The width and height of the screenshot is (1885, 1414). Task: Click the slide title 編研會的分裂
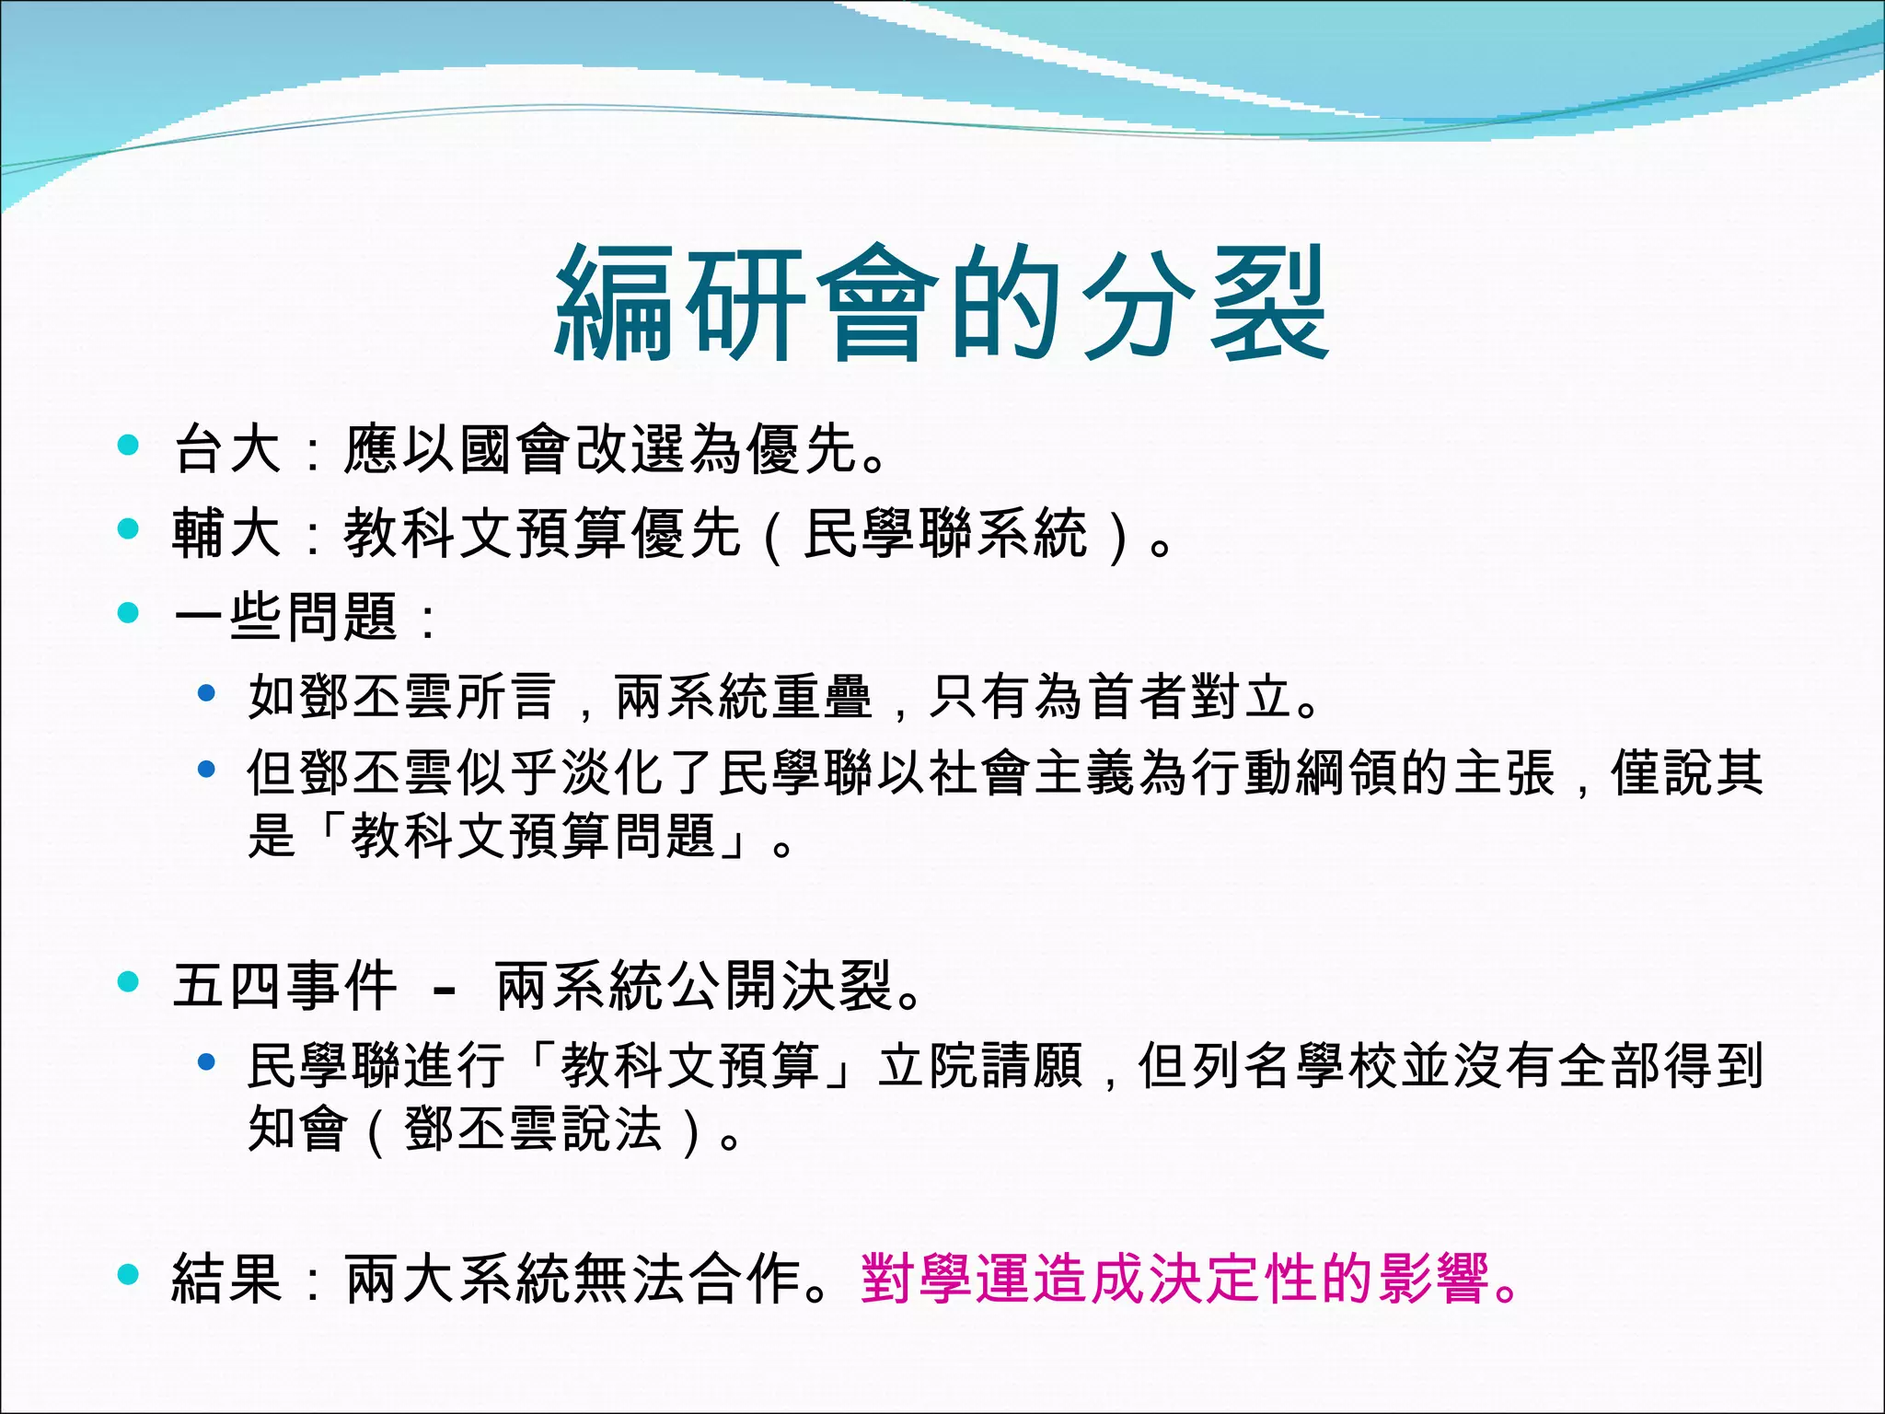pyautogui.click(x=942, y=304)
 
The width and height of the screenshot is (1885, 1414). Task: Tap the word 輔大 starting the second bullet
pyautogui.click(x=226, y=534)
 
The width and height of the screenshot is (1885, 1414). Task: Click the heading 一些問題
pyautogui.click(x=285, y=617)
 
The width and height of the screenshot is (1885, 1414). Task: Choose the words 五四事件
pyautogui.click(x=285, y=986)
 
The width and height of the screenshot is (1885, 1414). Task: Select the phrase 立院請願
pyautogui.click(x=980, y=1066)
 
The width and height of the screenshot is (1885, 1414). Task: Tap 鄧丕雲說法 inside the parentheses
pyautogui.click(x=533, y=1130)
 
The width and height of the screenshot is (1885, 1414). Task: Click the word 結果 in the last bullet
pyautogui.click(x=226, y=1280)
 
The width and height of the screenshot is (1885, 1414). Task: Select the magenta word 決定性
pyautogui.click(x=1233, y=1280)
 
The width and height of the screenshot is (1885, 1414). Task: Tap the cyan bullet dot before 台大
pyautogui.click(x=128, y=446)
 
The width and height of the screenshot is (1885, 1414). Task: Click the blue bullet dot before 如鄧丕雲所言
pyautogui.click(x=207, y=692)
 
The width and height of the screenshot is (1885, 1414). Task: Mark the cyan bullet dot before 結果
pyautogui.click(x=128, y=1275)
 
